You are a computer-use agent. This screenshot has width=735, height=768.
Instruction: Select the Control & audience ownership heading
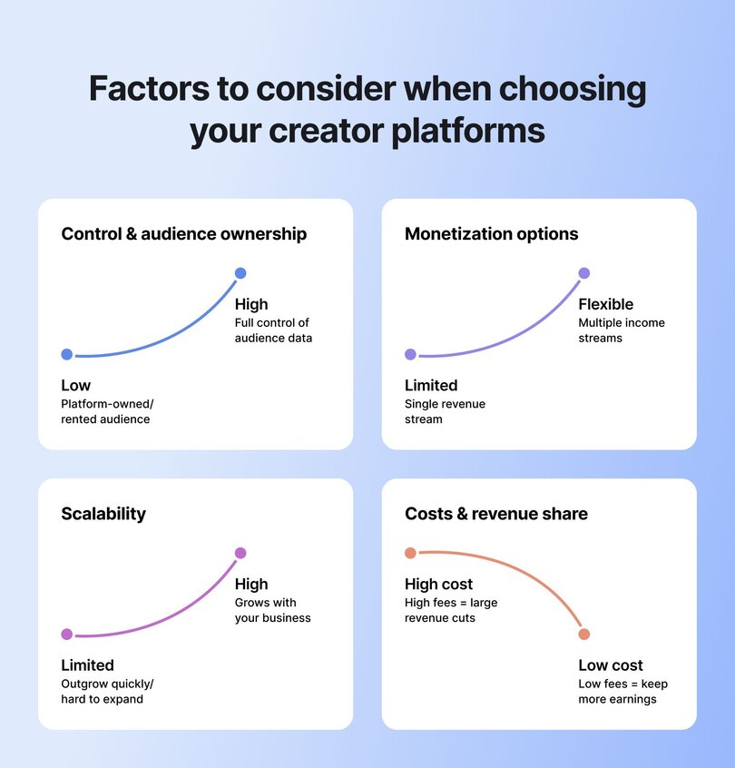[x=183, y=234]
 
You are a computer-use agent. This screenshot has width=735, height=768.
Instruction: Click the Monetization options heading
[x=491, y=234]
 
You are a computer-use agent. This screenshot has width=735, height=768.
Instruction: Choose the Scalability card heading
[x=103, y=514]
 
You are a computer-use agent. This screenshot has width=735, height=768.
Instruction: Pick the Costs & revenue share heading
[x=495, y=514]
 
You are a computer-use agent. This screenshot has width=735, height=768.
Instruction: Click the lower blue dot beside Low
[x=66, y=354]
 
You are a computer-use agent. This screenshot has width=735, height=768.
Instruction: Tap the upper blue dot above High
[x=240, y=273]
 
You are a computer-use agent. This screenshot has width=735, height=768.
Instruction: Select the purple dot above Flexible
[x=584, y=273]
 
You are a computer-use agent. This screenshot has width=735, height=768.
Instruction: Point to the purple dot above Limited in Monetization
[x=410, y=354]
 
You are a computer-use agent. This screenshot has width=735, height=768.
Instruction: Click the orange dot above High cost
[x=410, y=553]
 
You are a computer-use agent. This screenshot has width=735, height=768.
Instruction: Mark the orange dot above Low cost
[x=584, y=634]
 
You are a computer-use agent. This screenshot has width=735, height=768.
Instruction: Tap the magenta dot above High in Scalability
[x=240, y=553]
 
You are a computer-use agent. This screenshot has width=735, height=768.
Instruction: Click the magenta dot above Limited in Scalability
[x=66, y=634]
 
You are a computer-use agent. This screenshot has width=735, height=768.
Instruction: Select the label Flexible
[x=605, y=304]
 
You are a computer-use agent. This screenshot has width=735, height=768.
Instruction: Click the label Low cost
[x=611, y=665]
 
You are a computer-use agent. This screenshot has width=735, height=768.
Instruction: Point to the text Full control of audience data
[x=272, y=330]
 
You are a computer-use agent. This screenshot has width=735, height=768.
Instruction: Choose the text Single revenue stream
[x=445, y=411]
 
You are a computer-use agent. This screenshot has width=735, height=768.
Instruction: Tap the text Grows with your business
[x=272, y=610]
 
